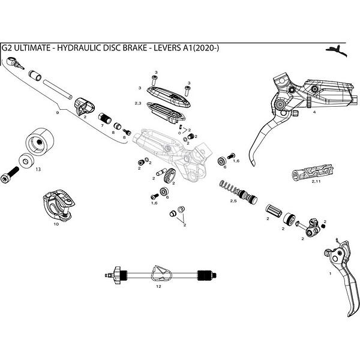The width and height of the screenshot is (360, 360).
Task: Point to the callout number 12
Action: (158, 287)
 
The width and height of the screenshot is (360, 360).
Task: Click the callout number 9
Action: (58, 112)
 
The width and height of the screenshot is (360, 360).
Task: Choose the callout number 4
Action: (314, 112)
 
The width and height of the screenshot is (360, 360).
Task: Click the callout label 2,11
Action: (316, 181)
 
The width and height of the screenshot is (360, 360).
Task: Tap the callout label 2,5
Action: (234, 202)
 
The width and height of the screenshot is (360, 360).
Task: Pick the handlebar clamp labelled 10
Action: (57, 204)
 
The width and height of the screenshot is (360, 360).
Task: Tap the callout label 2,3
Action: (138, 104)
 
